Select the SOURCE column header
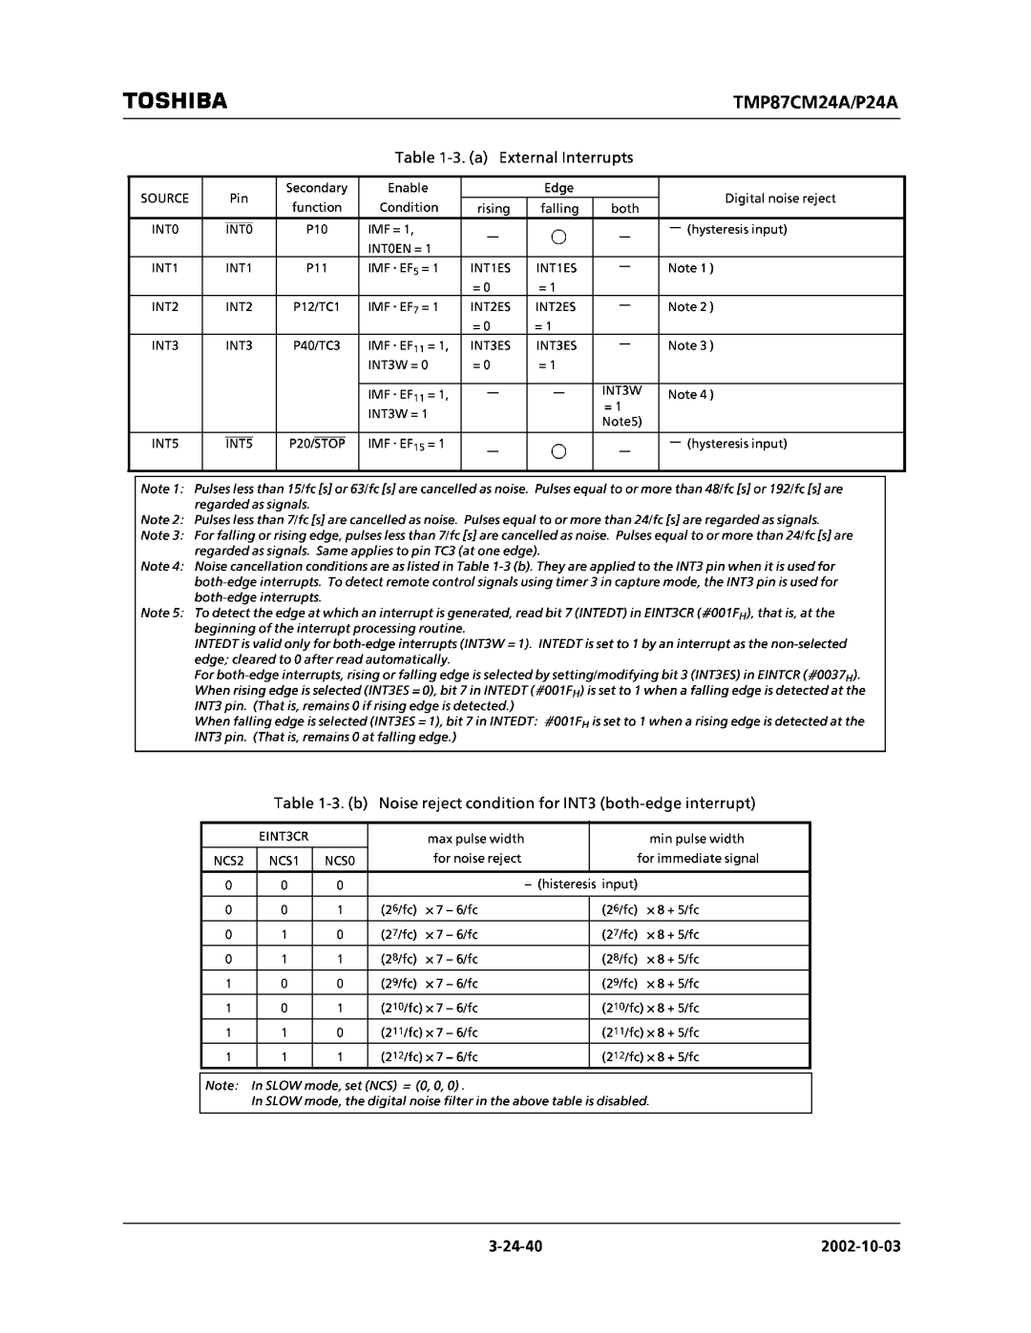(165, 198)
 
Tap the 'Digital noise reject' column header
(780, 198)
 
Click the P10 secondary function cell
(316, 230)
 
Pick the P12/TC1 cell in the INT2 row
(316, 307)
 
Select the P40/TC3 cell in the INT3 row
(316, 345)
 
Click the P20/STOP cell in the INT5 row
(316, 444)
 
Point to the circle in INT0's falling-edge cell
(559, 236)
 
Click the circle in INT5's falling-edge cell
(559, 450)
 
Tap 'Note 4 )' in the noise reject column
(690, 394)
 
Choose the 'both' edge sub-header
(625, 208)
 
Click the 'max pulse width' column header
(475, 839)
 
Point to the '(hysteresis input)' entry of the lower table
(580, 885)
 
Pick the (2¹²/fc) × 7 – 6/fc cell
(431, 1057)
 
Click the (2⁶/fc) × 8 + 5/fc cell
(650, 909)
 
